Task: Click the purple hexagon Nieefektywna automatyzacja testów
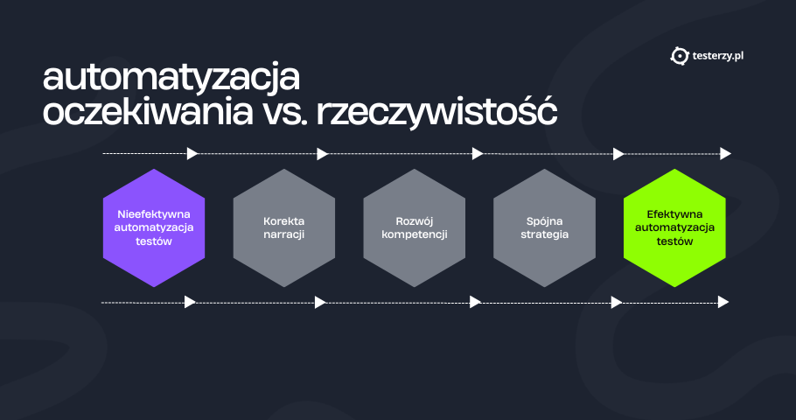click(154, 228)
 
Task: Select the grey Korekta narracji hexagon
click(284, 228)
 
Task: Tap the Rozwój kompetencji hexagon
click(415, 228)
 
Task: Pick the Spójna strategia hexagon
click(544, 228)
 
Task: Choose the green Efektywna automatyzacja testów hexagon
click(674, 228)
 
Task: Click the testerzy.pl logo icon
click(679, 56)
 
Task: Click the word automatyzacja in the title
click(171, 80)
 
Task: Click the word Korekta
click(284, 221)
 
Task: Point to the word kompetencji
click(415, 235)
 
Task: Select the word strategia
click(544, 235)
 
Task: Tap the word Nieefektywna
click(154, 213)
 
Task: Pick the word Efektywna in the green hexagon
click(674, 213)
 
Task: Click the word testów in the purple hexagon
click(154, 242)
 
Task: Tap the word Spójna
click(544, 221)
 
